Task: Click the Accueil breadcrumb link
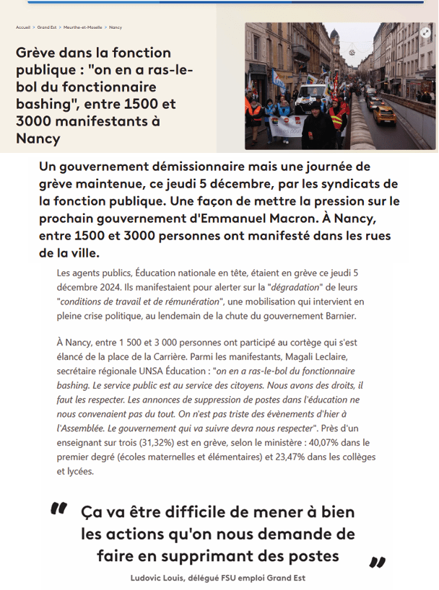(x=22, y=27)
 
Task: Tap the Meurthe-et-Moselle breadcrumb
(x=82, y=27)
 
